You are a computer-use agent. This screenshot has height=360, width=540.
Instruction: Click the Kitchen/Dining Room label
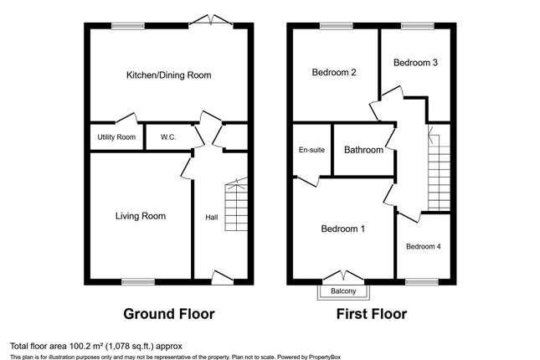click(x=168, y=75)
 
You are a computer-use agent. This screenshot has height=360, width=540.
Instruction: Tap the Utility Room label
click(x=115, y=137)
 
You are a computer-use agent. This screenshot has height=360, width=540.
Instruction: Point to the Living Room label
click(x=140, y=216)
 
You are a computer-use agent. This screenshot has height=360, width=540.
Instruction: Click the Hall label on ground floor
click(x=212, y=218)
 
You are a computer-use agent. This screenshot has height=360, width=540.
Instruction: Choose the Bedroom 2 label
click(x=334, y=73)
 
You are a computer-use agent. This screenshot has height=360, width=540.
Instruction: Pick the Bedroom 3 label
click(x=416, y=63)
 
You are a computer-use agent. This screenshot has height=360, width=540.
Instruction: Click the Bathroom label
click(x=364, y=150)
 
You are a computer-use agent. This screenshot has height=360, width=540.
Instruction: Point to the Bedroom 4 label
click(x=424, y=246)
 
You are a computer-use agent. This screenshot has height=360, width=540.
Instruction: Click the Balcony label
click(x=343, y=291)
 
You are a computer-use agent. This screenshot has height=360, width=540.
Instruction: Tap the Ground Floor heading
click(x=169, y=315)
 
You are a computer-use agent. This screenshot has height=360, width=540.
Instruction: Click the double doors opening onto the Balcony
click(x=343, y=275)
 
